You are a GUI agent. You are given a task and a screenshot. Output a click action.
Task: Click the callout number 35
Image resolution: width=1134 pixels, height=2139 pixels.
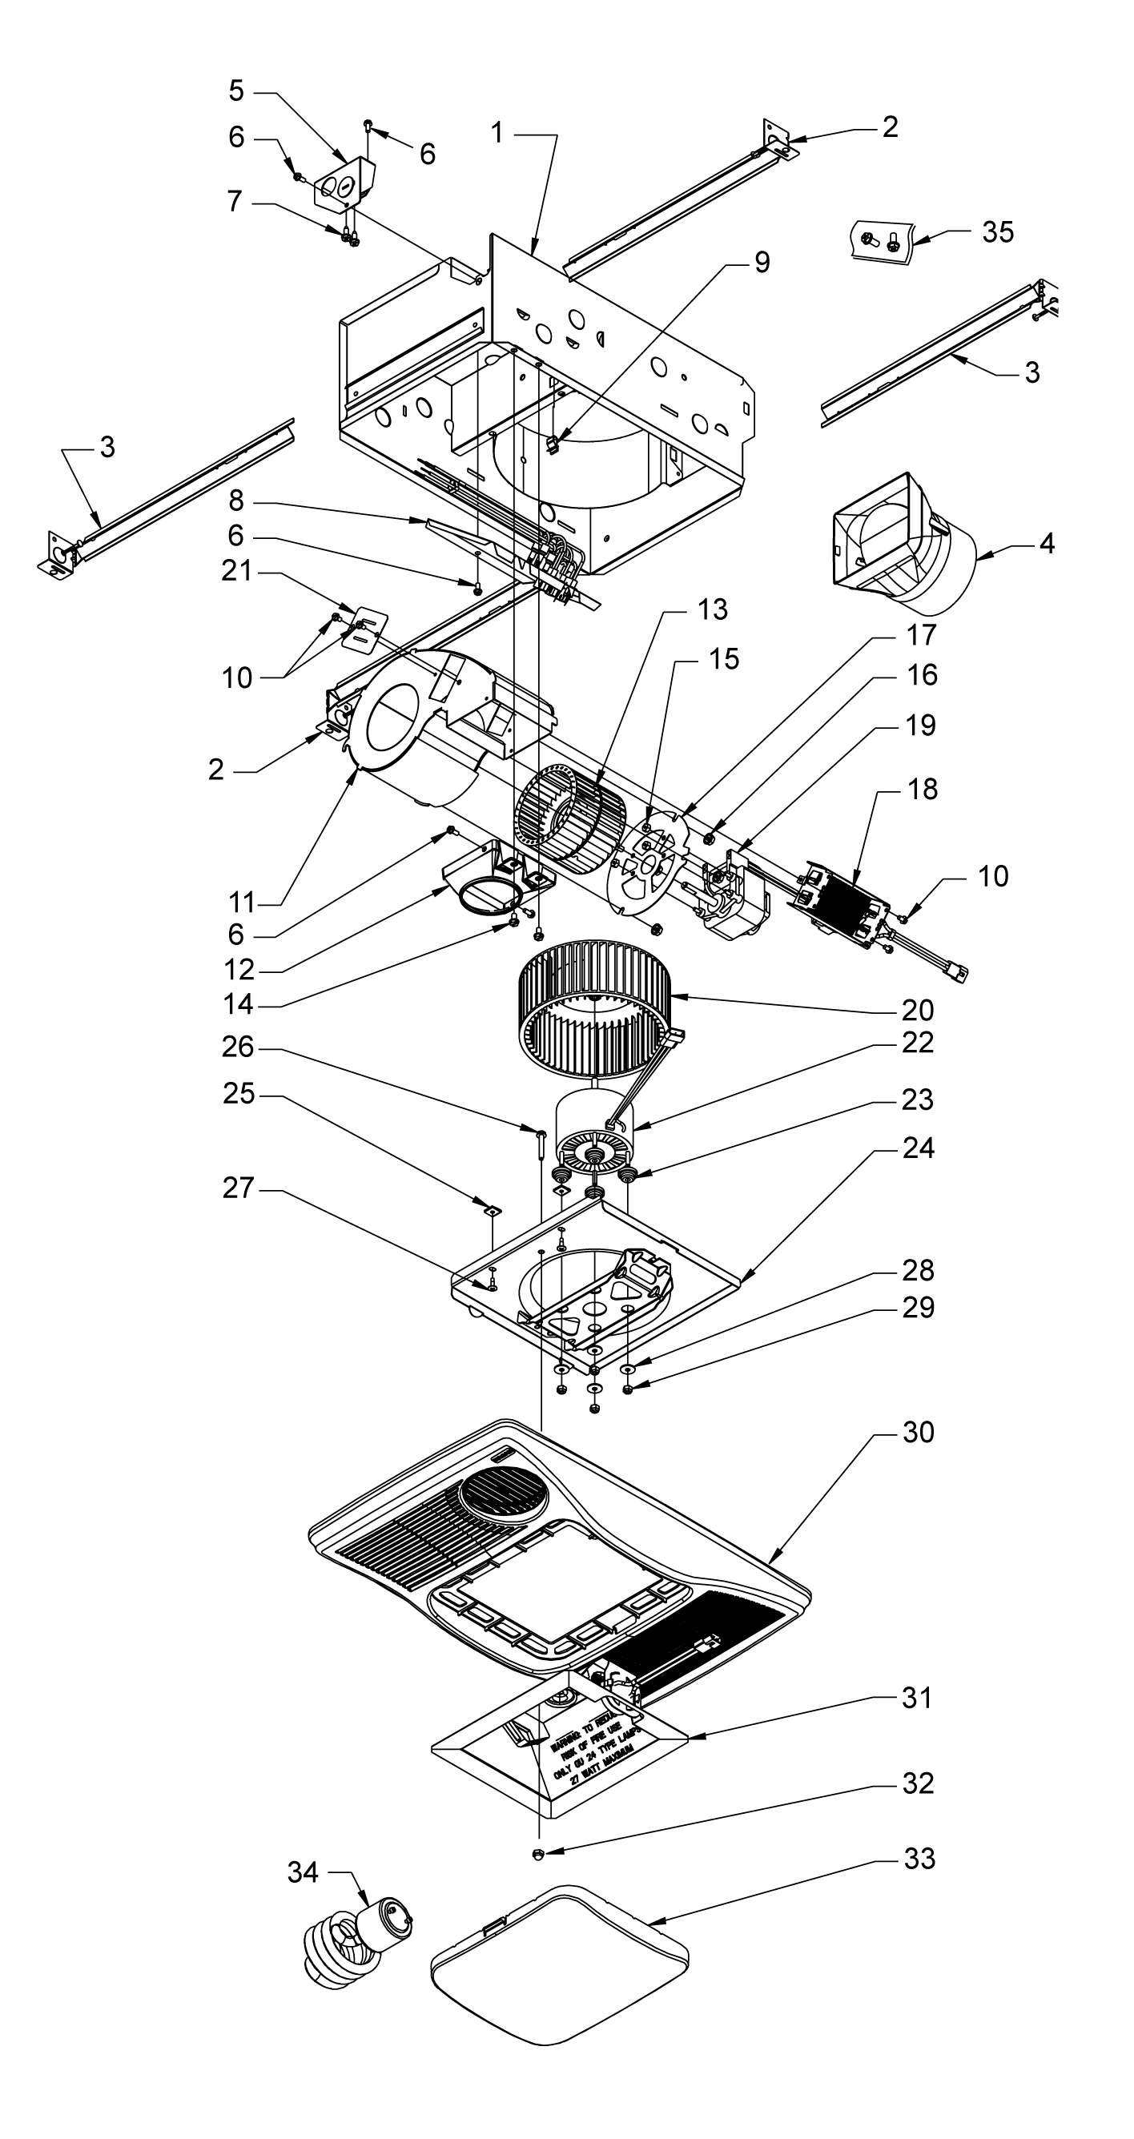[997, 231]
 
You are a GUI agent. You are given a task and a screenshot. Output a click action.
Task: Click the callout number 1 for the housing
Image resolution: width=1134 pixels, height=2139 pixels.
[497, 132]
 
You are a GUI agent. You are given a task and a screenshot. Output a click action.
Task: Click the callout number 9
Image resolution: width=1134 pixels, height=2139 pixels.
[762, 263]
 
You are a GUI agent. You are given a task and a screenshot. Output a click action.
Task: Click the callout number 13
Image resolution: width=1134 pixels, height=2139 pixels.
[712, 609]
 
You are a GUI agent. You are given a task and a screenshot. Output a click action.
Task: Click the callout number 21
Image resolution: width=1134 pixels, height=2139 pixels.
[236, 571]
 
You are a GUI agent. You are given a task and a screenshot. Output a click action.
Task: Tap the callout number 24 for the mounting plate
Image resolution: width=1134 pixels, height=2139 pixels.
[917, 1148]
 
